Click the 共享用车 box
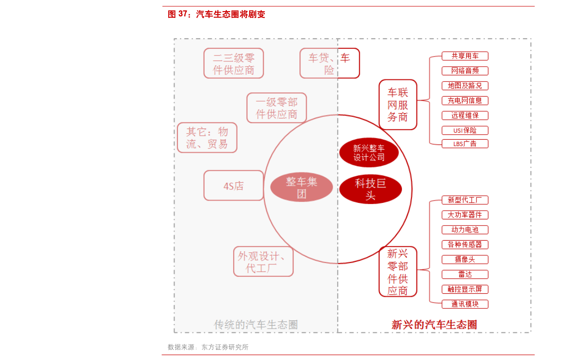pos(465,56)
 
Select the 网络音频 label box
pos(465,71)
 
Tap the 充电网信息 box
pos(465,101)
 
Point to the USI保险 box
pos(465,130)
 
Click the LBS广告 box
pos(465,144)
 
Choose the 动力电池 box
pos(465,230)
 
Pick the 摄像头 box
pos(465,259)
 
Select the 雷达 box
pos(465,274)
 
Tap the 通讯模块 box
pos(465,304)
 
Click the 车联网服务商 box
pos(398,104)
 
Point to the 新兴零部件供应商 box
pos(398,272)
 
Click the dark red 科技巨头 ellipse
pos(370,189)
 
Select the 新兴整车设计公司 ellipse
pos(369,153)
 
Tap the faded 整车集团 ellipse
pos(302,187)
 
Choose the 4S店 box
pos(234,186)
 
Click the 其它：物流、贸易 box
pos(207,138)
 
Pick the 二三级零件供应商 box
pos(234,63)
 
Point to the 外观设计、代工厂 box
pos(264,261)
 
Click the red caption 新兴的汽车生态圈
pos(434,325)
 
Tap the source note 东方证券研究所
pos(225,347)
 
